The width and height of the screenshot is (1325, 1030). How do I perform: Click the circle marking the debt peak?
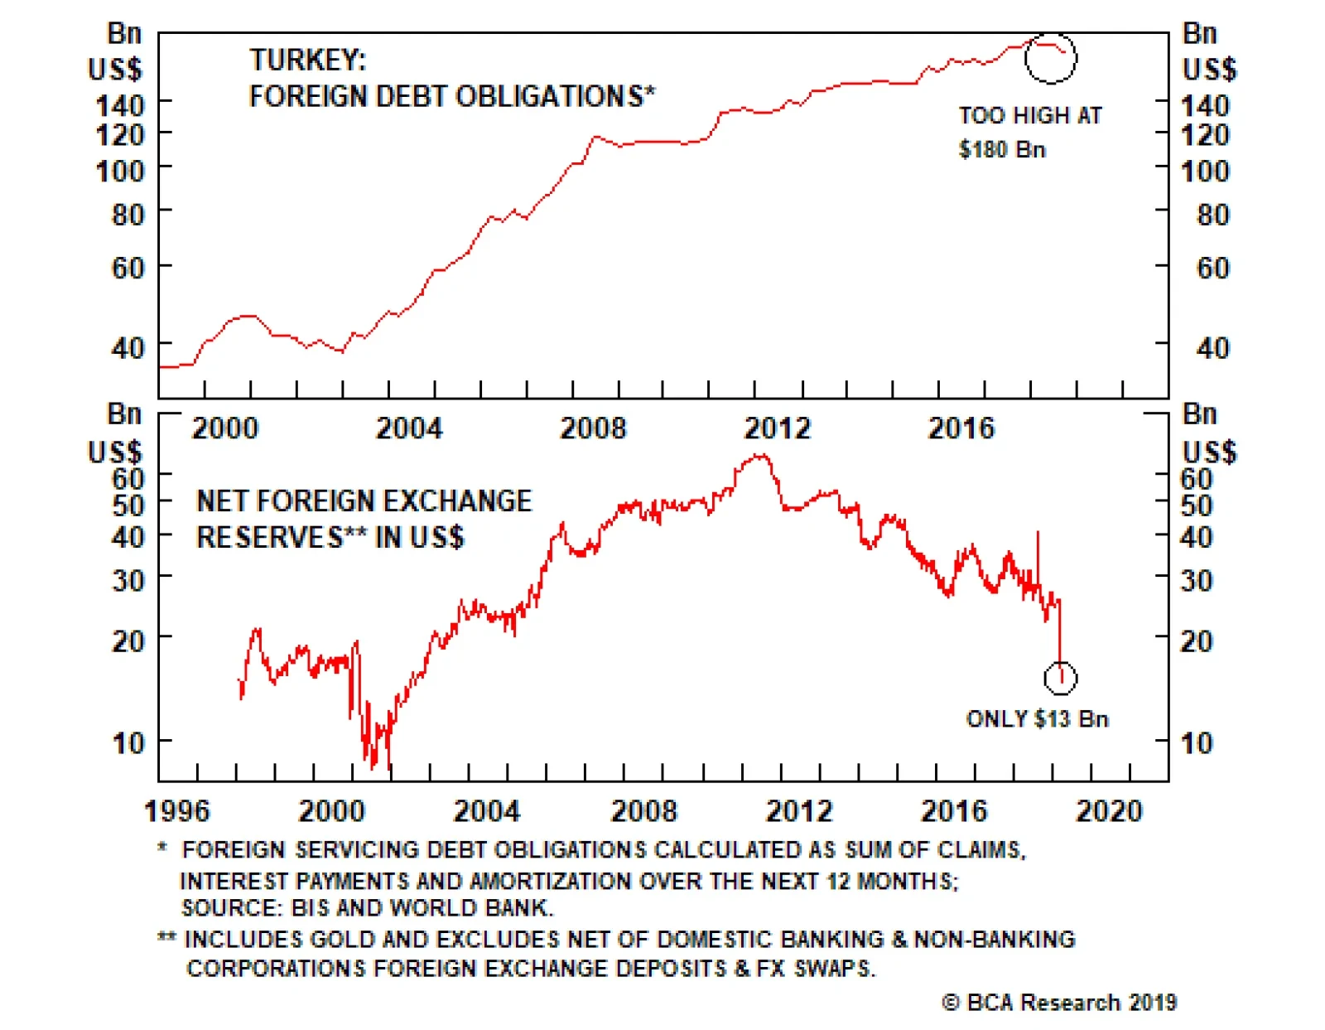click(x=1050, y=58)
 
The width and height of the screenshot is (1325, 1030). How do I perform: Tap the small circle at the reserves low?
click(x=1060, y=678)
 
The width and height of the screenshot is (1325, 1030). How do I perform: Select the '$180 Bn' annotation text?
click(x=1002, y=150)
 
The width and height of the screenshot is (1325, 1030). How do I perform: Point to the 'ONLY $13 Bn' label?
click(x=1037, y=718)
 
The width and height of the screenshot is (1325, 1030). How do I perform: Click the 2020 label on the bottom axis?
click(x=1108, y=810)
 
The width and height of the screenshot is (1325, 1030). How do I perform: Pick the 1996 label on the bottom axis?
click(x=177, y=810)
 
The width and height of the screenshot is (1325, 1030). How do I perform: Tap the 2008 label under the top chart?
click(x=593, y=428)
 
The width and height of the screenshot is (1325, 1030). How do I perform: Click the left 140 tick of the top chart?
click(x=121, y=105)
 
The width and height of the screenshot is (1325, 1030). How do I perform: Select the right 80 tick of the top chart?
click(x=1212, y=215)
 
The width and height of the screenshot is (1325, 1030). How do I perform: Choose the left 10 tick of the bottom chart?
click(x=128, y=742)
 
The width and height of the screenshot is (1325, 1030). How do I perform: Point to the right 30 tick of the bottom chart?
click(x=1197, y=580)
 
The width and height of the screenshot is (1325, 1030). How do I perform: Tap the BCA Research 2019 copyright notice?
click(x=1059, y=1003)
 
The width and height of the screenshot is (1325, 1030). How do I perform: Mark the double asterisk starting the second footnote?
click(x=166, y=939)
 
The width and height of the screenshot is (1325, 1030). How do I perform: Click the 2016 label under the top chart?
click(x=961, y=428)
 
